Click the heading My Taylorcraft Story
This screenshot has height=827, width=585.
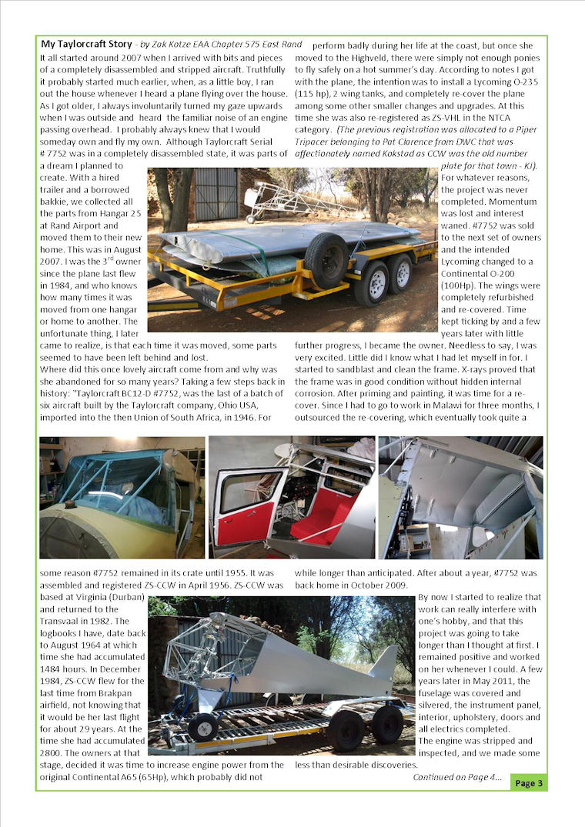(x=86, y=44)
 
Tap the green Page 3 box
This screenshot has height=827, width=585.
(x=529, y=783)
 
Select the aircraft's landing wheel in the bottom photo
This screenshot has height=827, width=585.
(x=203, y=727)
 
